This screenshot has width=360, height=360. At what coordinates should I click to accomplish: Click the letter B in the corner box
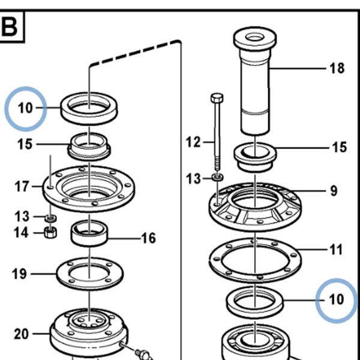(x=9, y=26)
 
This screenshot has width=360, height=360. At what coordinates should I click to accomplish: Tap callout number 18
(x=337, y=68)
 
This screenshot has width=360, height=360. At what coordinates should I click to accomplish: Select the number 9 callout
(x=334, y=191)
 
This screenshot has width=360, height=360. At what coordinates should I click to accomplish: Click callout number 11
(x=336, y=250)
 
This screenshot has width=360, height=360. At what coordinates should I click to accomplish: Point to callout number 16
(x=149, y=238)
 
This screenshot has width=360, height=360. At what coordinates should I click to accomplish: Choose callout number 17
(x=22, y=186)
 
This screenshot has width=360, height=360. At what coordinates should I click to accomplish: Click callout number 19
(x=19, y=274)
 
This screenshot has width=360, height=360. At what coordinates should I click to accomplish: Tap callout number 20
(x=22, y=334)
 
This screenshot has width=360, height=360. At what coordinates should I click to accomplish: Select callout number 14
(x=21, y=233)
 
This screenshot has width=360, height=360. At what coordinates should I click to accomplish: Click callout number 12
(x=193, y=142)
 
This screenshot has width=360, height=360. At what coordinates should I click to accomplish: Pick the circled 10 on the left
(x=25, y=108)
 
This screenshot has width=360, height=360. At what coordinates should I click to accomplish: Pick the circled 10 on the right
(x=337, y=299)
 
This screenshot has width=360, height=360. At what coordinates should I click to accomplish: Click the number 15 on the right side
(x=340, y=147)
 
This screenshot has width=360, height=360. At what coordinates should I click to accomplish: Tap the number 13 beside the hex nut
(x=22, y=216)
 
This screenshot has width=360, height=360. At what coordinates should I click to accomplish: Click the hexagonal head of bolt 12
(x=217, y=98)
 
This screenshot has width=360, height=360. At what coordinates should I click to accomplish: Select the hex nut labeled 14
(x=50, y=233)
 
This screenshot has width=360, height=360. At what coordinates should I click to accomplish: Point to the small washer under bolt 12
(x=217, y=177)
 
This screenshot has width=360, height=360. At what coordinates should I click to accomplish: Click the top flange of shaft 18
(x=255, y=38)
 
